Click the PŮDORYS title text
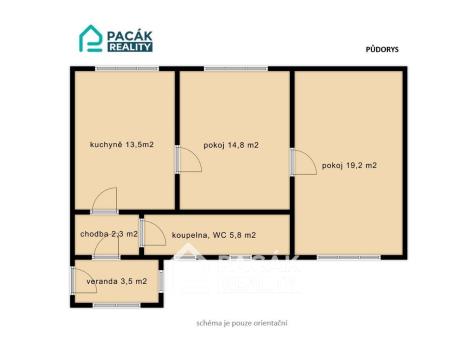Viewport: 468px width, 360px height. pyautogui.click(x=382, y=49)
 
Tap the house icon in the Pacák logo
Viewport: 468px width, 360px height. pyautogui.click(x=91, y=39)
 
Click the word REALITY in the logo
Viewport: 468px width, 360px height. pyautogui.click(x=130, y=47)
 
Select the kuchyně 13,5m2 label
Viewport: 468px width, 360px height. pyautogui.click(x=122, y=145)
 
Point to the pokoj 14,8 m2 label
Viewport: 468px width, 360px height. pyautogui.click(x=231, y=145)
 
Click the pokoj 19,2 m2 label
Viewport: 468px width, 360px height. pyautogui.click(x=349, y=165)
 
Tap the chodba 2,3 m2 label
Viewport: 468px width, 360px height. pyautogui.click(x=109, y=234)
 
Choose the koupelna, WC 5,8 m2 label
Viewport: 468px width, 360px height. pyautogui.click(x=214, y=235)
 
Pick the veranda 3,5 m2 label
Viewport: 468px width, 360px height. pyautogui.click(x=117, y=281)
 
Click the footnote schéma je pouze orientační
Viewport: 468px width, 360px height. pyautogui.click(x=242, y=323)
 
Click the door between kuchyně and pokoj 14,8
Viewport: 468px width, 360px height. pyautogui.click(x=188, y=160)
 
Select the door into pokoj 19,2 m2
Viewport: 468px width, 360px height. pyautogui.click(x=303, y=161)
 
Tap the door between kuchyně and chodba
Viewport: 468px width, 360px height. pyautogui.click(x=104, y=201)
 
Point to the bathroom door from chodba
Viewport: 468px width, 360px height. pyautogui.click(x=152, y=233)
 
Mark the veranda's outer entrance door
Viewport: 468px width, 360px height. pyautogui.click(x=83, y=280)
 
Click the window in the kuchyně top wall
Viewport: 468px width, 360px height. pyautogui.click(x=127, y=69)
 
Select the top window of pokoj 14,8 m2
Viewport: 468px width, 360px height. pyautogui.click(x=236, y=69)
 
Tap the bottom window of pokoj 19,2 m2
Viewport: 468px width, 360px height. pyautogui.click(x=349, y=257)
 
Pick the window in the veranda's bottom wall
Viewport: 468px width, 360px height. pyautogui.click(x=116, y=305)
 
